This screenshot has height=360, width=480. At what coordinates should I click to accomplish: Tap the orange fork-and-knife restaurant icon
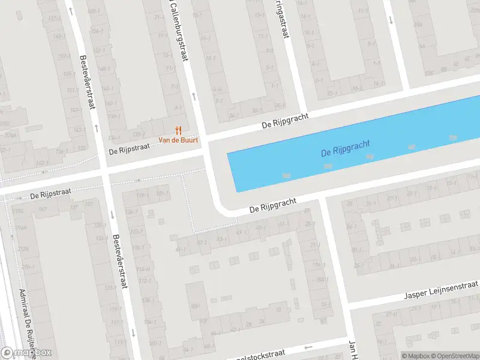178,130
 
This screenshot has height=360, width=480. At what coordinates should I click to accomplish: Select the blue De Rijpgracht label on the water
346,148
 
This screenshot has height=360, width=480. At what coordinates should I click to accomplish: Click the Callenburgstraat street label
178,33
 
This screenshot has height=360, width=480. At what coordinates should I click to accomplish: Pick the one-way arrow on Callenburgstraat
193,95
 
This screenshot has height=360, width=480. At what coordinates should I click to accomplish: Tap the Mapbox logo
26,353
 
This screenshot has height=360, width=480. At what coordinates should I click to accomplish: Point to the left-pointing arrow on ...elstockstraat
308,347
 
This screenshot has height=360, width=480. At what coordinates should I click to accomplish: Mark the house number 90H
196,307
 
